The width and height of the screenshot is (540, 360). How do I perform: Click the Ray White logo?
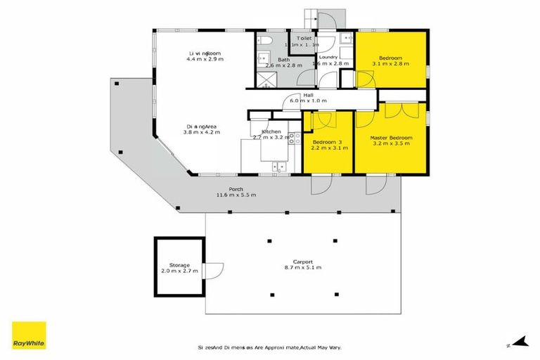(29, 335)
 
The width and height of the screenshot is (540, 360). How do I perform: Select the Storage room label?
(179, 265)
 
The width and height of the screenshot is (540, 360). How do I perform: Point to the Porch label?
(226, 189)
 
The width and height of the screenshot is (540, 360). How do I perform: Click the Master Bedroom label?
(390, 138)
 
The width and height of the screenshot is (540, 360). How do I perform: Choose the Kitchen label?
(271, 132)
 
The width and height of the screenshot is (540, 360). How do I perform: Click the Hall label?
(308, 95)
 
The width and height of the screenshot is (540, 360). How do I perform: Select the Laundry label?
(329, 57)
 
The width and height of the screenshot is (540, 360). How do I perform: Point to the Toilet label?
(304, 38)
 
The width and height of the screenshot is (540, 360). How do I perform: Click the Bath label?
(283, 60)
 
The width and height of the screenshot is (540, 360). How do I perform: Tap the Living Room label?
(205, 53)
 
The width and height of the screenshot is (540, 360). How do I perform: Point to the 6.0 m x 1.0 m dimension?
(309, 101)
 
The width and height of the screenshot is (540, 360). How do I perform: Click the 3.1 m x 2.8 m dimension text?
(390, 63)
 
